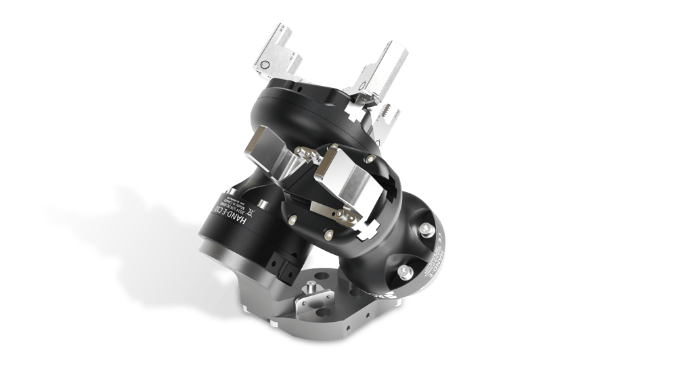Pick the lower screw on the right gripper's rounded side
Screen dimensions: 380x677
point(403,271)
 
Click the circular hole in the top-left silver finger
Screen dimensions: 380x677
point(266,64)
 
